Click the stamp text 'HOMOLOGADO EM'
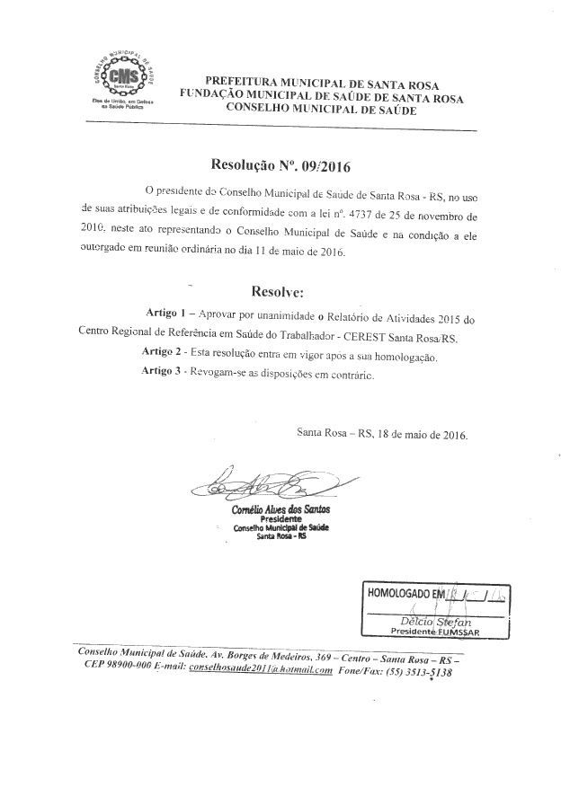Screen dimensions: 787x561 (405, 593)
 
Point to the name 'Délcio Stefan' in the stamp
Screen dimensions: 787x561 (436, 620)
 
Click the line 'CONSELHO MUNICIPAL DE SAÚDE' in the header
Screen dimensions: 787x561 (321, 107)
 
